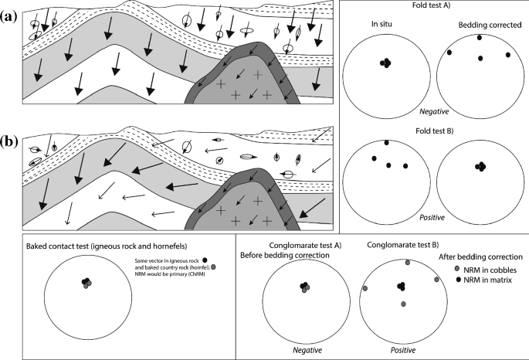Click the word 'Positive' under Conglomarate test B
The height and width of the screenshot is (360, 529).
pos(402,349)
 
